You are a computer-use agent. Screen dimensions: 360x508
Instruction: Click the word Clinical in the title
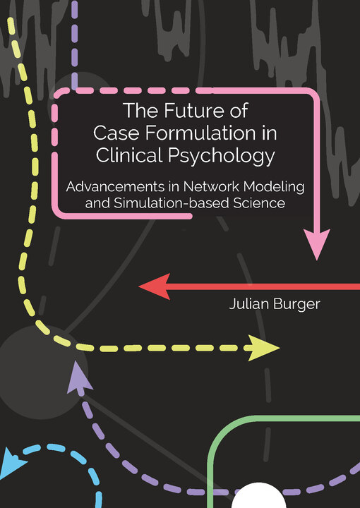point(129,155)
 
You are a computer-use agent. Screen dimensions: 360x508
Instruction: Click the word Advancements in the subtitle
point(120,187)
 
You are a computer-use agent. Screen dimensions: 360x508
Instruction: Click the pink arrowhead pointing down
point(316,243)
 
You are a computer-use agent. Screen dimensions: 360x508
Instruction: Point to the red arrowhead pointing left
point(155,286)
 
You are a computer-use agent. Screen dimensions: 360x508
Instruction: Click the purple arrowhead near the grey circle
point(78,377)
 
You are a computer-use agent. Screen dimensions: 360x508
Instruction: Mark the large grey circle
point(41,373)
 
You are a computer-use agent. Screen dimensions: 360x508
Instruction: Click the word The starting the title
point(141,110)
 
